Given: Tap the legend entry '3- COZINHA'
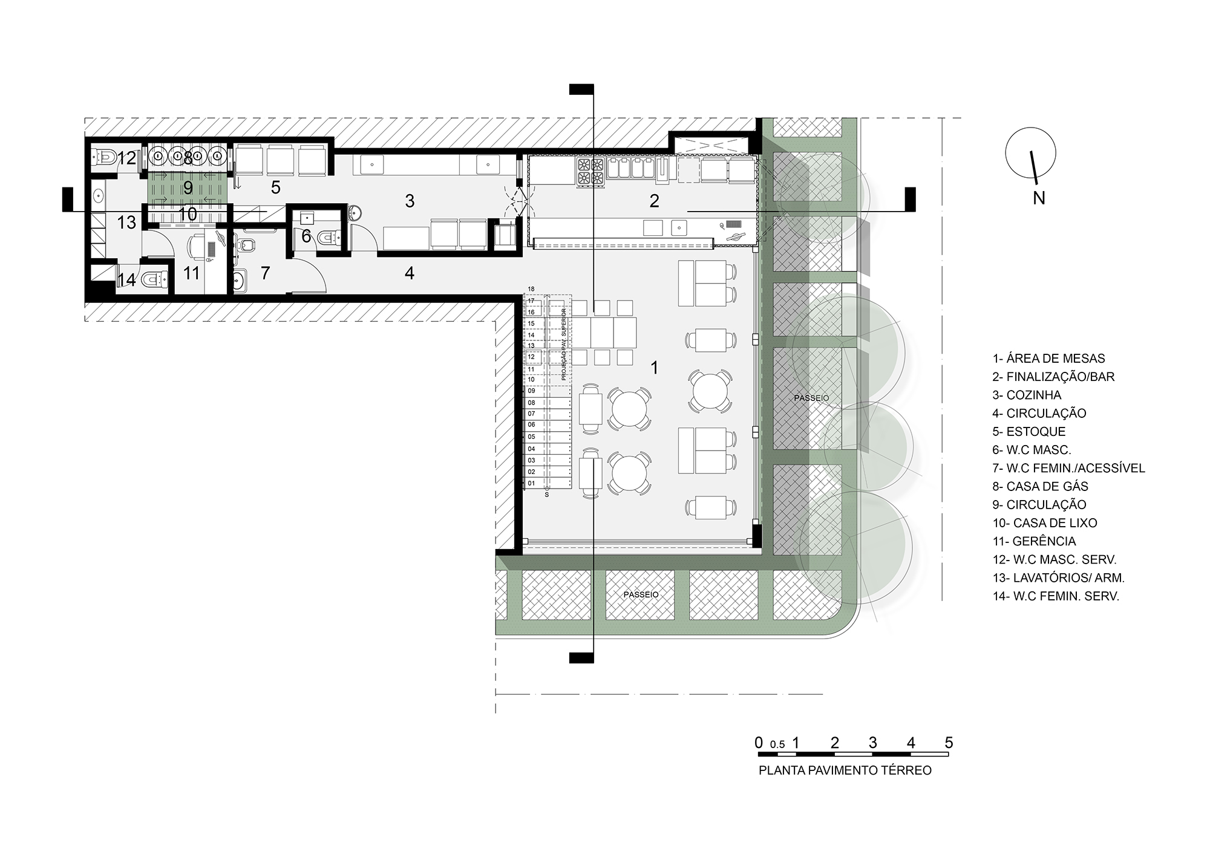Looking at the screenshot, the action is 1027,395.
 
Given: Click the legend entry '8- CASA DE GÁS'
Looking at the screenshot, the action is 1040,486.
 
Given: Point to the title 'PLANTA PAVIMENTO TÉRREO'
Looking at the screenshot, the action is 845,770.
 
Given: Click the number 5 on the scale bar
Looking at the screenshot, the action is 949,743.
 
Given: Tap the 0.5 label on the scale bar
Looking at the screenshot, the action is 777,745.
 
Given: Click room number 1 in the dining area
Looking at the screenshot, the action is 653,367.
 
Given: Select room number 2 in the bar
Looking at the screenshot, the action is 654,201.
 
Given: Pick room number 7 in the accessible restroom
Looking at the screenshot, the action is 265,273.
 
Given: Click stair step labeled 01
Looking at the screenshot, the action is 531,483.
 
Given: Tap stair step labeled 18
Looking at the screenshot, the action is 531,289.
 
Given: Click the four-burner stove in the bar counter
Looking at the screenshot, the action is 590,171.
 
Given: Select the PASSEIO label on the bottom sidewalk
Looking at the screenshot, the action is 641,594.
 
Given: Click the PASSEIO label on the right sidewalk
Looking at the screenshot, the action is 811,398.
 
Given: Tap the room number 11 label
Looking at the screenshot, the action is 191,273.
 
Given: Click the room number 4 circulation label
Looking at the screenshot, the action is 410,273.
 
